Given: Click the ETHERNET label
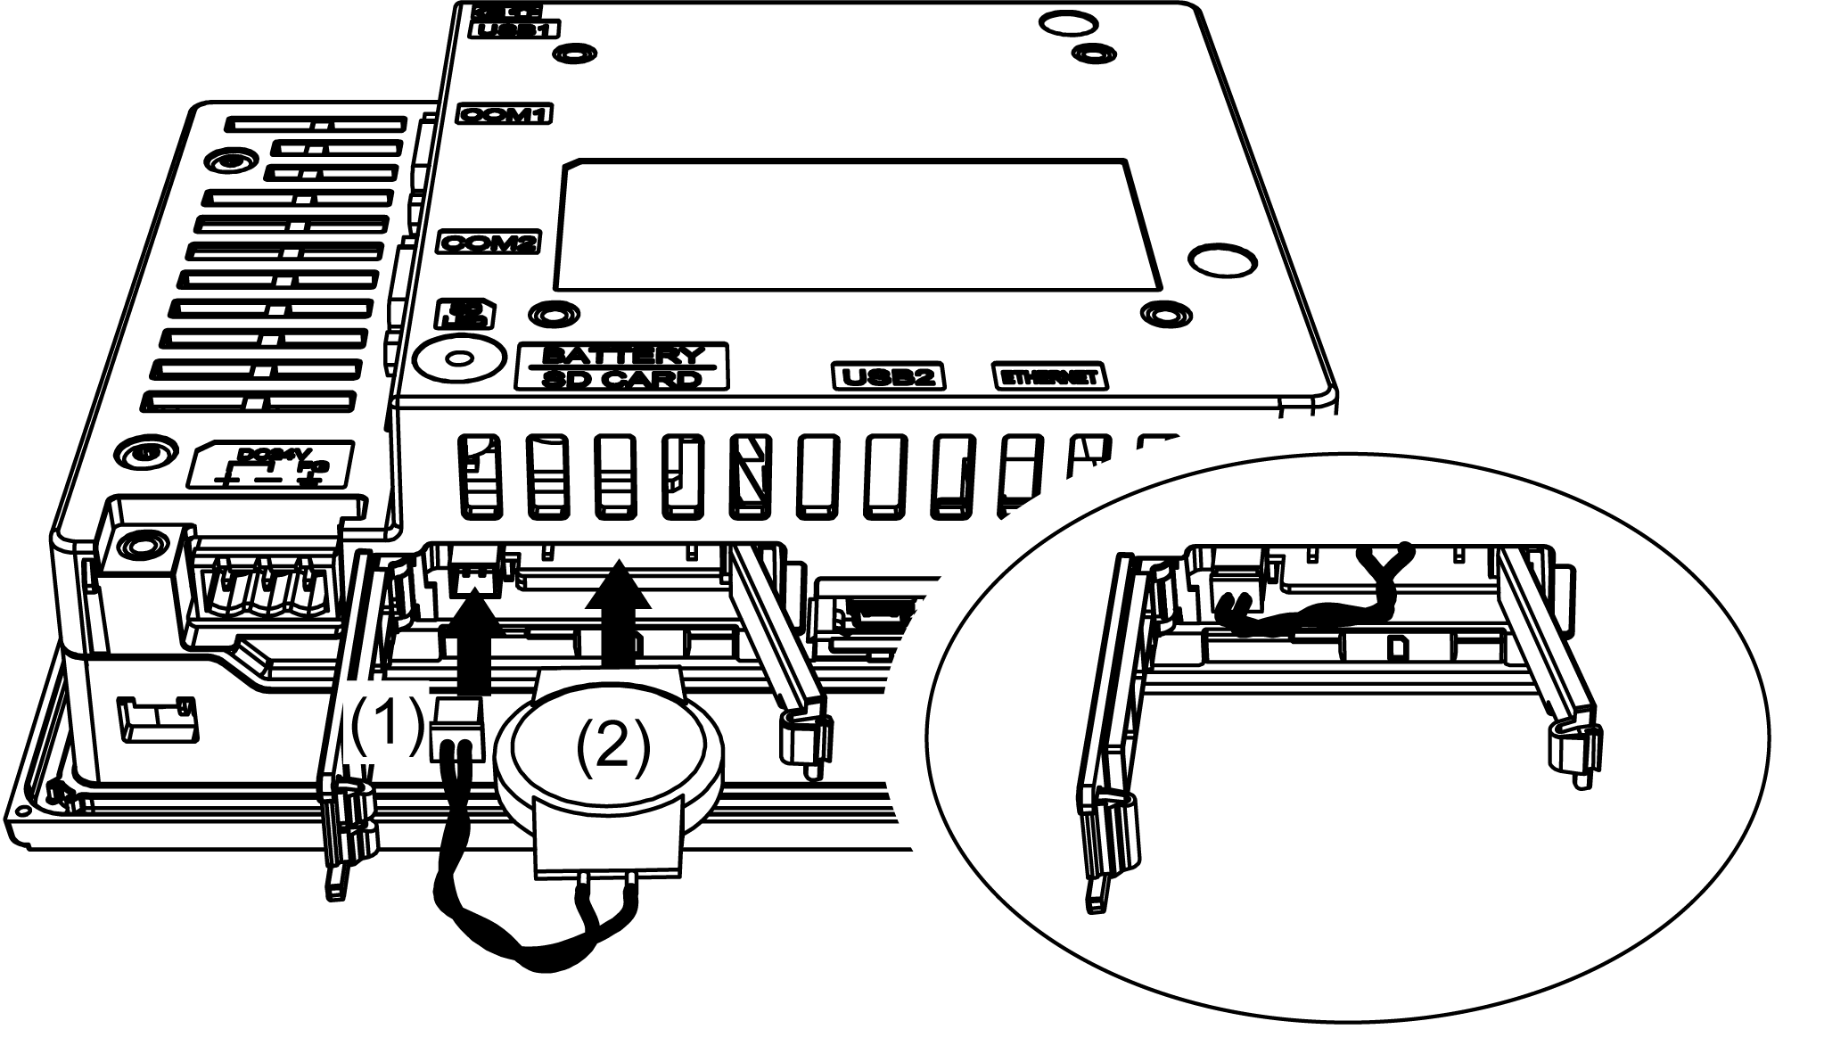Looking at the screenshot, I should pyautogui.click(x=1049, y=377).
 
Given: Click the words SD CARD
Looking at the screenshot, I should pyautogui.click(x=621, y=379).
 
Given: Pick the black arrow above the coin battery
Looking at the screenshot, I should pyautogui.click(x=618, y=615).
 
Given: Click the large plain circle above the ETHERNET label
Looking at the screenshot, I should pyautogui.click(x=1224, y=261).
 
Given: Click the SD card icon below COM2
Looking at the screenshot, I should pyautogui.click(x=465, y=313).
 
